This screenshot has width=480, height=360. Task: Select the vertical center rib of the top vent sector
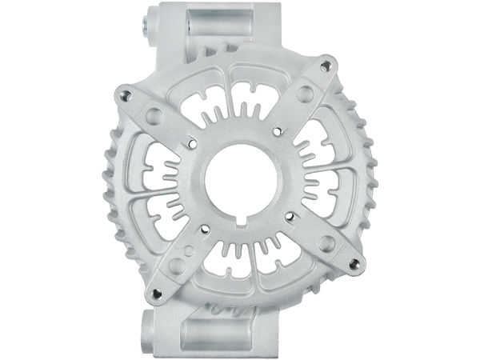click(238, 88)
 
